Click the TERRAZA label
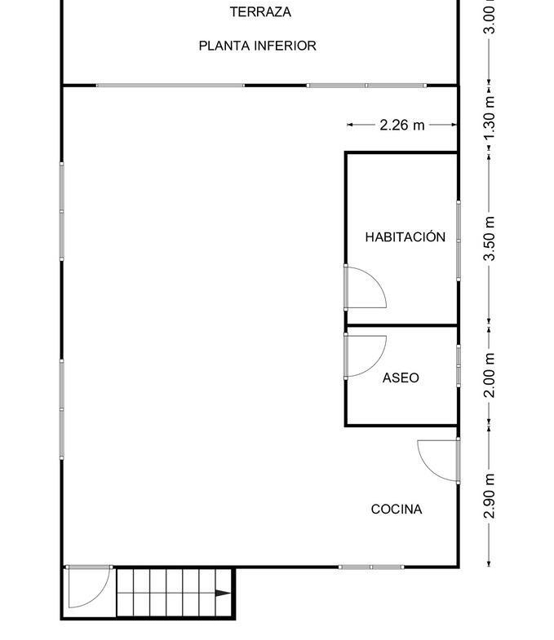260,12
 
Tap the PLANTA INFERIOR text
257,46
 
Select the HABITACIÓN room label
406,236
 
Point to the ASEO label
401,378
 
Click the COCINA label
397,510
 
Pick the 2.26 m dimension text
402,125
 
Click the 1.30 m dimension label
490,118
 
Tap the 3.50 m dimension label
490,238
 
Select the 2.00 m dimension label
490,375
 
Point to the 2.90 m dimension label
490,496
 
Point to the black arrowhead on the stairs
223,593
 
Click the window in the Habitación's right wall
459,241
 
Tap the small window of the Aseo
459,366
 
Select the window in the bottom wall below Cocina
371,567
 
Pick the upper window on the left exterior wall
62,211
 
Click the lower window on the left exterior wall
62,409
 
